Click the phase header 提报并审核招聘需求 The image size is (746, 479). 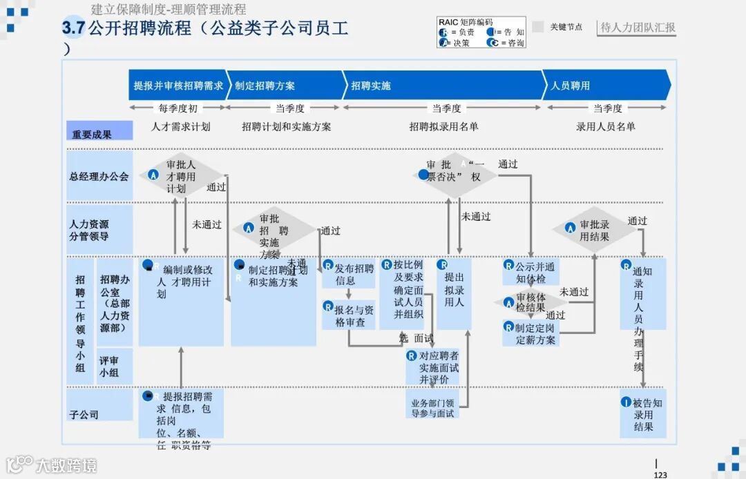point(178,86)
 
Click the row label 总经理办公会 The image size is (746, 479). point(99,176)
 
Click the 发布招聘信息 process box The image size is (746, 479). point(349,274)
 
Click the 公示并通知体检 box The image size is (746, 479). point(530,273)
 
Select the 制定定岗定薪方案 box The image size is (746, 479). point(530,333)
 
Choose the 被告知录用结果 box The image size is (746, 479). point(643,414)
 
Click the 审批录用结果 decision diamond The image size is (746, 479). point(593,230)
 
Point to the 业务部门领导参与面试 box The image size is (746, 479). point(432,408)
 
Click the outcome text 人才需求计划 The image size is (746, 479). point(180,126)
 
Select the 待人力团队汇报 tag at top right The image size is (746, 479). point(638,28)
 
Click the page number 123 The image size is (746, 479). point(660,474)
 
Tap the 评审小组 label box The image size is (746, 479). point(109,366)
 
